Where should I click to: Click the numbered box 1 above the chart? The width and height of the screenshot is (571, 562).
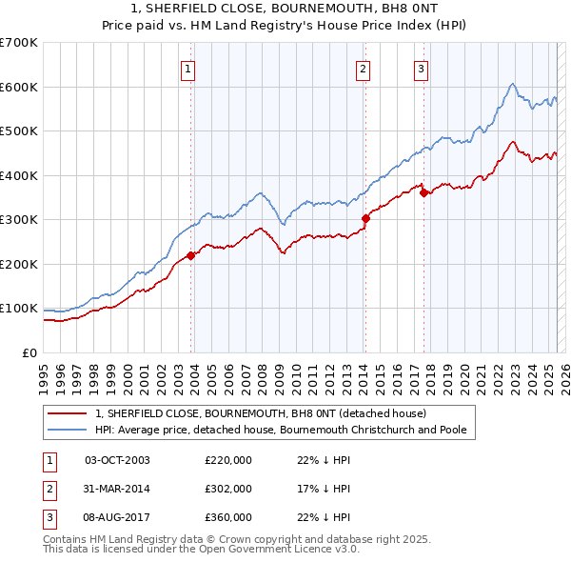pos(188,69)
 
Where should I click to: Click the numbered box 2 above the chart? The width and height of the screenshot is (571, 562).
pos(364,69)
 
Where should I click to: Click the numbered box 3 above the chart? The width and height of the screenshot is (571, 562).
pos(421,69)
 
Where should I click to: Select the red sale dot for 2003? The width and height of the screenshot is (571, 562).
pos(190,255)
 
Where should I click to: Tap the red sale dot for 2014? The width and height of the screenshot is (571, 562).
pos(365,219)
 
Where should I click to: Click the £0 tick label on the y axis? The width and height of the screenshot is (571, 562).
pos(30,352)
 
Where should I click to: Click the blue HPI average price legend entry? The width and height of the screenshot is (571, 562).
pos(281,430)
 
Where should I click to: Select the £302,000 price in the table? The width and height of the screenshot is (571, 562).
pos(228,489)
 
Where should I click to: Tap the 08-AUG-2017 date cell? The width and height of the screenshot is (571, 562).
pos(117,517)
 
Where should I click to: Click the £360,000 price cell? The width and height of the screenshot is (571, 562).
pos(228,517)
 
